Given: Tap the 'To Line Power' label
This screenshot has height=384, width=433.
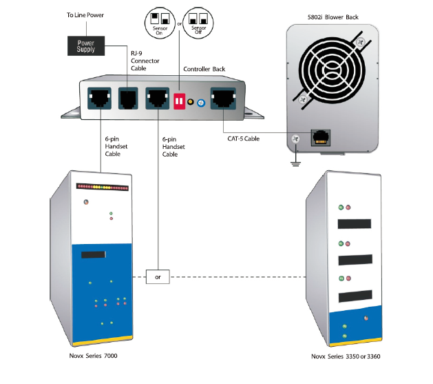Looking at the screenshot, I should pos(86,14).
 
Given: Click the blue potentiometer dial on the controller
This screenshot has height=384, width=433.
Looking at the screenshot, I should pos(201,103).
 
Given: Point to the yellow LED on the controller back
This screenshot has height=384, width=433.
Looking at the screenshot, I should pos(191,102).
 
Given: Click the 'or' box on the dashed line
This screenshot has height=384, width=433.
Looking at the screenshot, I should pos(158,278).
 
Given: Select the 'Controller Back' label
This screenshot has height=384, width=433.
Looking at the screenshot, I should pos(207,69).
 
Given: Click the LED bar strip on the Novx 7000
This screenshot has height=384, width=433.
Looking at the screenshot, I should pos(103,186).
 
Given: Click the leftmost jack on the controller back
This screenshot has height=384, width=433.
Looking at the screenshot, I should pos(98,99).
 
